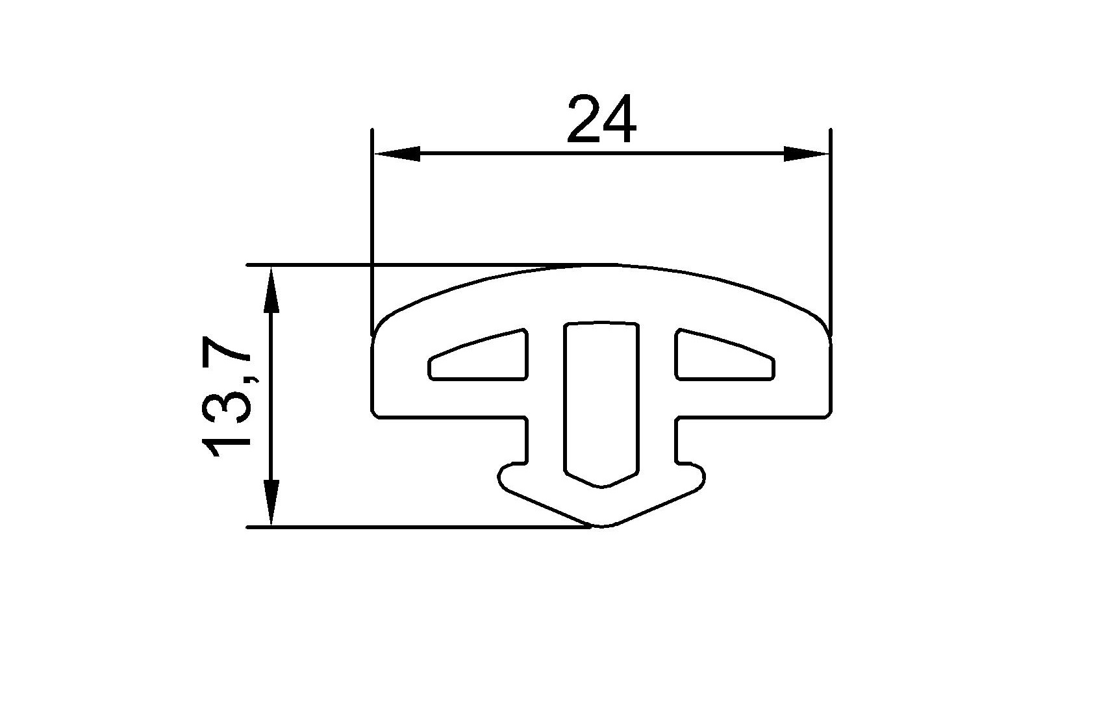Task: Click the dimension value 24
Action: coord(601,120)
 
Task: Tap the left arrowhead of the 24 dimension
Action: coord(397,154)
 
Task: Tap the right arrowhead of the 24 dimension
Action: coord(806,154)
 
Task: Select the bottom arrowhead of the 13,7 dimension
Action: coord(271,503)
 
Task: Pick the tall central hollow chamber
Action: coord(601,396)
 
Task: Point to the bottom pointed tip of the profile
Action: coord(603,525)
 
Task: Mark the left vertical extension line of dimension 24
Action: coord(372,227)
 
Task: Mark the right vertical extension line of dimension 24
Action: coord(831,227)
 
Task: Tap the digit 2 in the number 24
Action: coord(583,120)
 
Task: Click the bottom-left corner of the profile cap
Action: coord(375,415)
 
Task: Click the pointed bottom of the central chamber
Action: coord(603,486)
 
